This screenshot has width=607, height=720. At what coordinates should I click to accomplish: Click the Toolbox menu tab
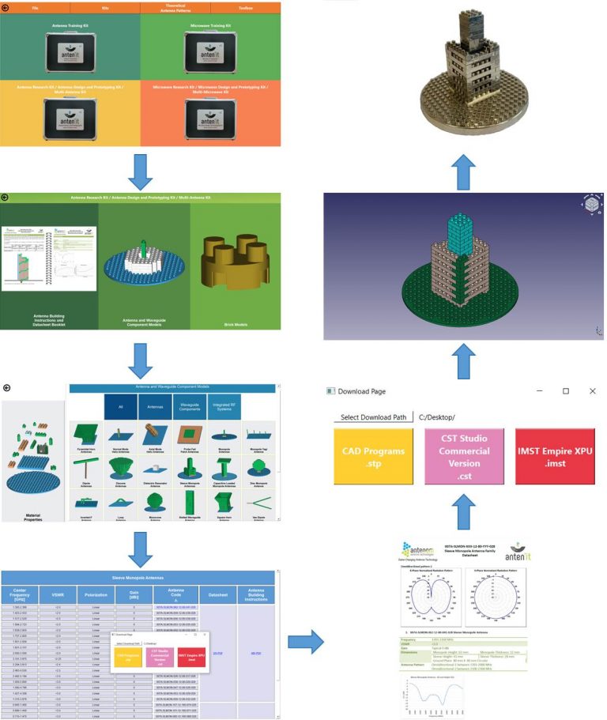245,7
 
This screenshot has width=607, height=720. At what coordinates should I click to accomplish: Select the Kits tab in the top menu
105,7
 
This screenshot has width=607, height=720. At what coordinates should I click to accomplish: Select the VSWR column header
58,594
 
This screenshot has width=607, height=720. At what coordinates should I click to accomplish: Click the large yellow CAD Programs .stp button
374,456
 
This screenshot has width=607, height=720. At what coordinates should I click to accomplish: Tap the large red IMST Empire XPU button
555,456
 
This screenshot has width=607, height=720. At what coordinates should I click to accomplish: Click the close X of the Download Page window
592,391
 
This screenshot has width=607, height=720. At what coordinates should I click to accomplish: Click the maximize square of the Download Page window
566,391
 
